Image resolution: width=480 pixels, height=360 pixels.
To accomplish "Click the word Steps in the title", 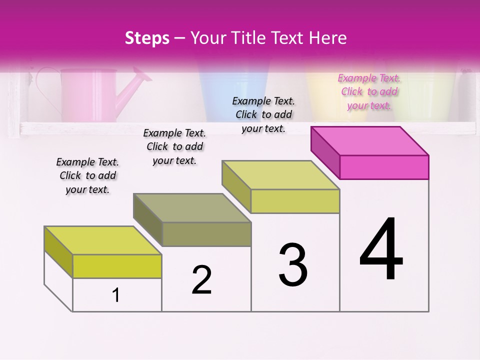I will (x=147, y=38).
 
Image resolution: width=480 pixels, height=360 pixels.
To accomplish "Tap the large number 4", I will (x=381, y=249).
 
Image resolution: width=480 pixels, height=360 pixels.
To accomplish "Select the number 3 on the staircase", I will (x=293, y=264).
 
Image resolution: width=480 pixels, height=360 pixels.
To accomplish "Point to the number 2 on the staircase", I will (x=202, y=279).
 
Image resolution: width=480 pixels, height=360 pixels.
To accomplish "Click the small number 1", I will (x=116, y=295).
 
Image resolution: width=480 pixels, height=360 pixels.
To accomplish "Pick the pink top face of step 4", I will (x=370, y=140).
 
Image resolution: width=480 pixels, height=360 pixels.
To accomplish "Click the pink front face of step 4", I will (x=384, y=167).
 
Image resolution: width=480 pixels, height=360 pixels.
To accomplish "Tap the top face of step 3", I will (x=281, y=175).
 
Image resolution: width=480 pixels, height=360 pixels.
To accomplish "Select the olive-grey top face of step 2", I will (x=192, y=207).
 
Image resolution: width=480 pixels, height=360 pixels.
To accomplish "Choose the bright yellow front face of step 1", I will (x=117, y=266).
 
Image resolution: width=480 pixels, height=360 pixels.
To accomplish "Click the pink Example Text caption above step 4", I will (x=369, y=91).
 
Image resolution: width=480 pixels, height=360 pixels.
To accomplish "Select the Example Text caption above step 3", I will (x=263, y=114).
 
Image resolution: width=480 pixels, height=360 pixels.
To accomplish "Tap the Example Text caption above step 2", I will (x=174, y=146).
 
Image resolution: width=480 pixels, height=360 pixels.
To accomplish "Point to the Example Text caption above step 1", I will (x=87, y=175).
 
